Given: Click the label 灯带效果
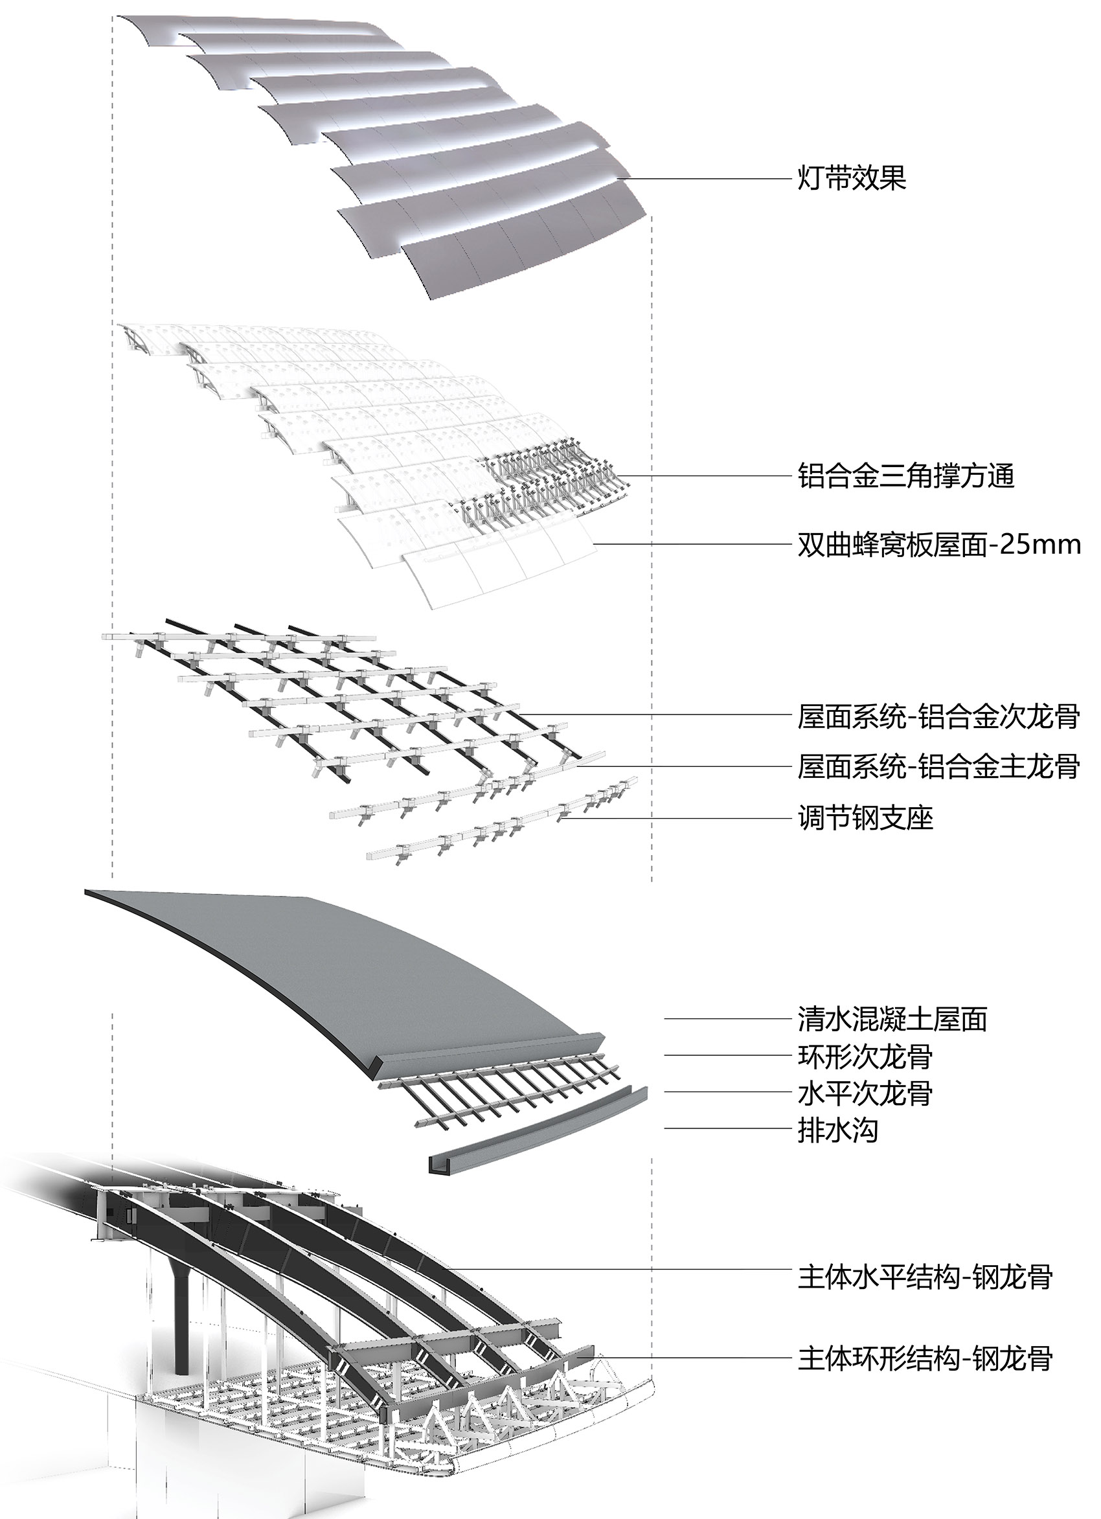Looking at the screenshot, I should point(851,179).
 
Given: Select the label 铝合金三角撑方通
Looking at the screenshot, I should point(906,476).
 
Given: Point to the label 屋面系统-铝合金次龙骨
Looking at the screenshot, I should point(938,715).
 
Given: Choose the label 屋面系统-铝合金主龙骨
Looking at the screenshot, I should point(938,766).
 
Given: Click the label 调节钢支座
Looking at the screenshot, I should point(865,817).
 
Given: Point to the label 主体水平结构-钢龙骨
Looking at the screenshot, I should point(925,1277).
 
